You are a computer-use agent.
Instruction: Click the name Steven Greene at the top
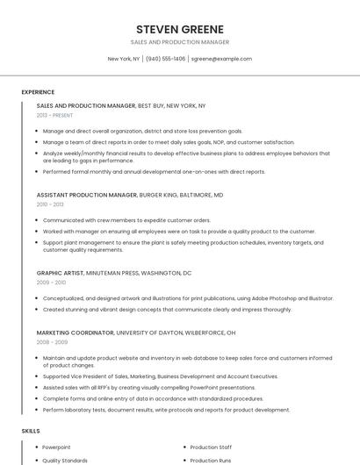pos(179,29)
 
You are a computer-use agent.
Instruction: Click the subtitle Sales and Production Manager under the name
pos(179,42)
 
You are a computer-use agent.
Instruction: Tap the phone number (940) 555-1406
pos(165,59)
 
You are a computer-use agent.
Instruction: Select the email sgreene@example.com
pos(221,59)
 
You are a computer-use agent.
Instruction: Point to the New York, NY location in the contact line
pos(124,59)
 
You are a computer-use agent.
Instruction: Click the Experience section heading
pos(38,92)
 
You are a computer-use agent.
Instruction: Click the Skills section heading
pos(31,431)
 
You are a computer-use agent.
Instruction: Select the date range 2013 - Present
pos(54,115)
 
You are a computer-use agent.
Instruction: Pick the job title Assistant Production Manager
pos(87,195)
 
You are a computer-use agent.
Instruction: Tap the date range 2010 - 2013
pos(50,204)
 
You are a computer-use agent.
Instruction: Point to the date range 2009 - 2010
pos(51,283)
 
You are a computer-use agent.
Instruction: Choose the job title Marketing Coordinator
pos(76,333)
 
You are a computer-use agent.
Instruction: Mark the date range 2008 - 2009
pos(51,343)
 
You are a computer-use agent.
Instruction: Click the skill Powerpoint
pos(56,447)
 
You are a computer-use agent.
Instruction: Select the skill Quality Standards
pos(65,460)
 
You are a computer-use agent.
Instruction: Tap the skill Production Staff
pos(212,447)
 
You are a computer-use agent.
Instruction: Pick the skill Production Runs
pos(211,460)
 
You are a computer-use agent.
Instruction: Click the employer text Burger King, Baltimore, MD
pos(182,195)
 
